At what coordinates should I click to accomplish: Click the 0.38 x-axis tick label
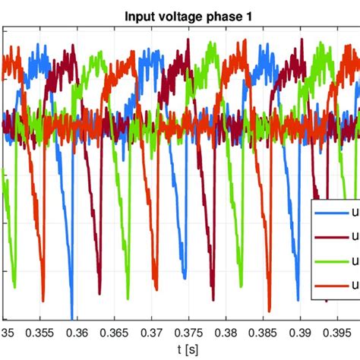228,332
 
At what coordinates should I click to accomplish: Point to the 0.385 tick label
264,332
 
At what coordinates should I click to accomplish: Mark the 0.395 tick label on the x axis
337,332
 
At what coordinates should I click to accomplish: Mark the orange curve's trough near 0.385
270,309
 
